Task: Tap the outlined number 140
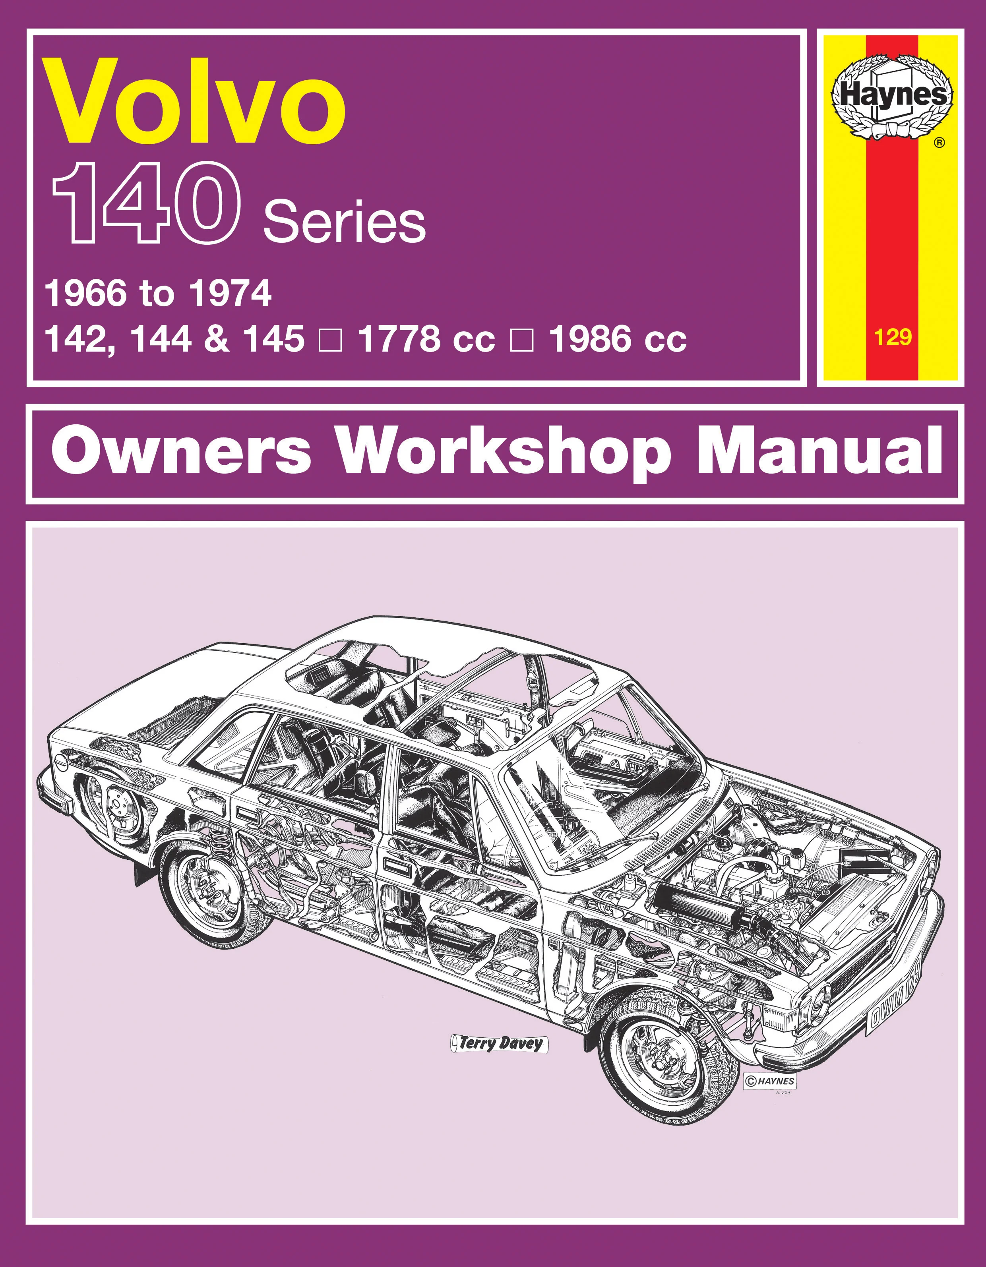[x=146, y=204]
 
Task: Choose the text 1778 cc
[x=426, y=339]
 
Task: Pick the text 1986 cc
[x=617, y=339]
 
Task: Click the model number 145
[x=274, y=339]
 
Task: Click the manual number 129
[x=893, y=337]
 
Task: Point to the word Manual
[x=818, y=453]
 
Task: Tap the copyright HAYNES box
[x=769, y=1081]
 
